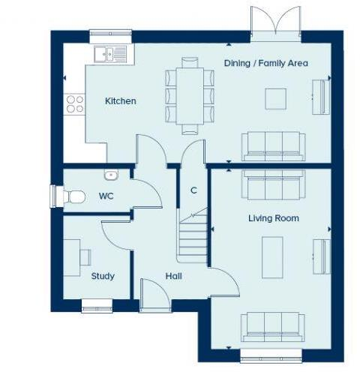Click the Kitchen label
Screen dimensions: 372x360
[120, 100]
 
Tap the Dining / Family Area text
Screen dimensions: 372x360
[265, 63]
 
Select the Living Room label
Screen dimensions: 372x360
[274, 218]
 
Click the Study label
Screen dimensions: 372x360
[103, 276]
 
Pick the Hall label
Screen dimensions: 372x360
[173, 276]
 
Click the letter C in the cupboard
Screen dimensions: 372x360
[193, 190]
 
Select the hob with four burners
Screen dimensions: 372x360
[74, 103]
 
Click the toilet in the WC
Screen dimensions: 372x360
[70, 196]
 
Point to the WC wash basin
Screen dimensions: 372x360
[111, 175]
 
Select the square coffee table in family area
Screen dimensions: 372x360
[275, 98]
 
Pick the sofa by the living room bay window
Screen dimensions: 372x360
[271, 325]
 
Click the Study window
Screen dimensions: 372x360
[98, 304]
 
